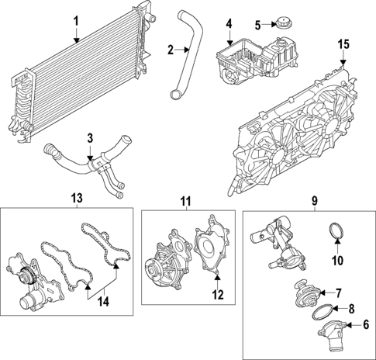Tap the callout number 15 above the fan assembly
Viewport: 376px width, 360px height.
[343, 46]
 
